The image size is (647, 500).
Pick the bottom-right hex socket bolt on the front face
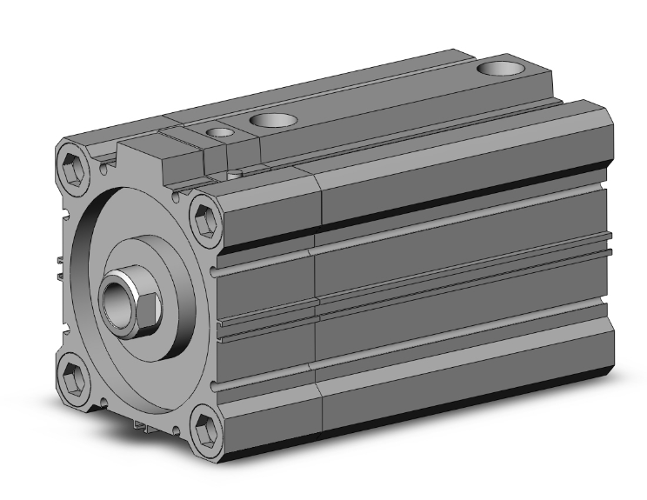tap(206, 430)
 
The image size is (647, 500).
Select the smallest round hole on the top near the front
tap(222, 132)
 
